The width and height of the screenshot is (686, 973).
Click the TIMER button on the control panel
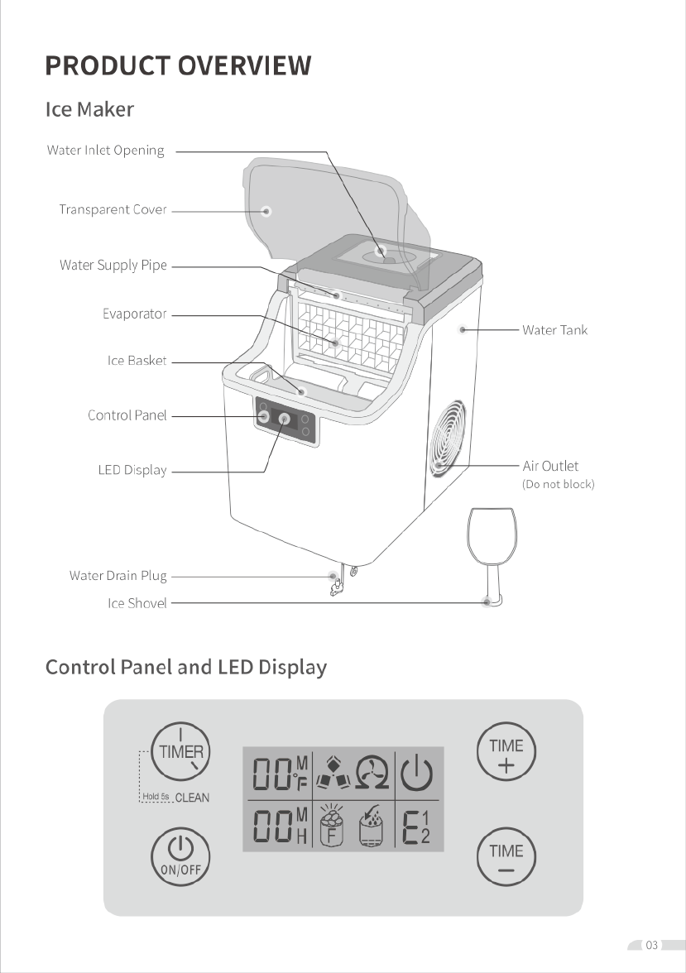click(180, 751)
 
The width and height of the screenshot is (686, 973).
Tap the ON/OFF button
click(180, 856)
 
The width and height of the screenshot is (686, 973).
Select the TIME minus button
click(506, 856)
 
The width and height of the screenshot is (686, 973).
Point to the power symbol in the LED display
click(416, 773)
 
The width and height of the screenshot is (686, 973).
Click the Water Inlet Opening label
click(106, 151)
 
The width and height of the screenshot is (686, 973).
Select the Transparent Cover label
click(113, 210)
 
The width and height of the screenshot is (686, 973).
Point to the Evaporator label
click(135, 314)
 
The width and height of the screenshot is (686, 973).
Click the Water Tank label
click(554, 330)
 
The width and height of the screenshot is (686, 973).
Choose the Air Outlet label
click(550, 466)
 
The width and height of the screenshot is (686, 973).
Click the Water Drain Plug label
click(118, 576)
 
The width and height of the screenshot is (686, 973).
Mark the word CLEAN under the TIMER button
click(192, 798)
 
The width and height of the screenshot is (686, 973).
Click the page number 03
click(651, 945)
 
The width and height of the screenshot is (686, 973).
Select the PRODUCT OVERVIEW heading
click(178, 65)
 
